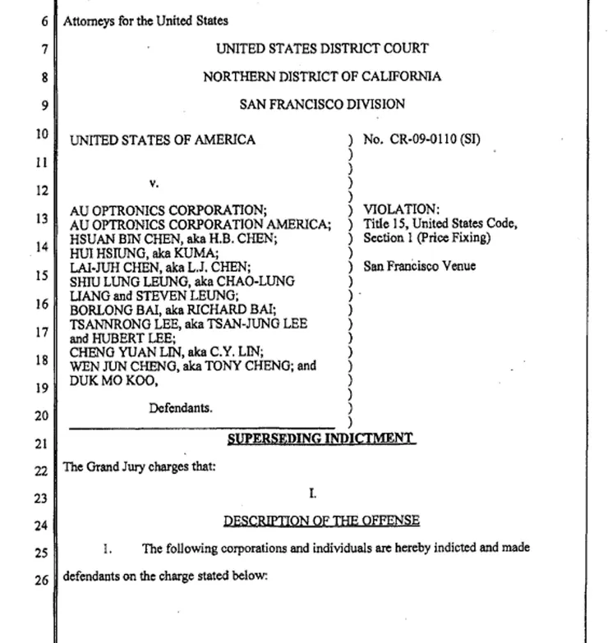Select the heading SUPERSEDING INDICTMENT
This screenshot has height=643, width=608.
pos(322,439)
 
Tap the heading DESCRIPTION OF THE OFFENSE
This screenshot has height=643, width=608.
pos(321,521)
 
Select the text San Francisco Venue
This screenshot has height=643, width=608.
pos(419,266)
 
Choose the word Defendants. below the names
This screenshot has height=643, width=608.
pos(181,407)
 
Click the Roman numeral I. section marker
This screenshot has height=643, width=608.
pos(312,494)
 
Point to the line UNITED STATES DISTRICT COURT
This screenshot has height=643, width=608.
pos(322,49)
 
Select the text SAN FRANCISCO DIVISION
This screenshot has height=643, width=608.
pos(322,104)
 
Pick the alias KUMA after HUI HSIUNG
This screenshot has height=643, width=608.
pos(165,253)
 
